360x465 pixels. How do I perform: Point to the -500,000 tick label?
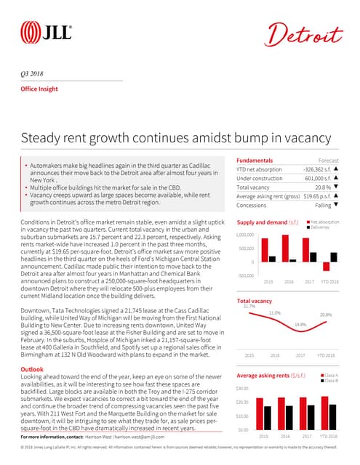[x=247, y=275]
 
